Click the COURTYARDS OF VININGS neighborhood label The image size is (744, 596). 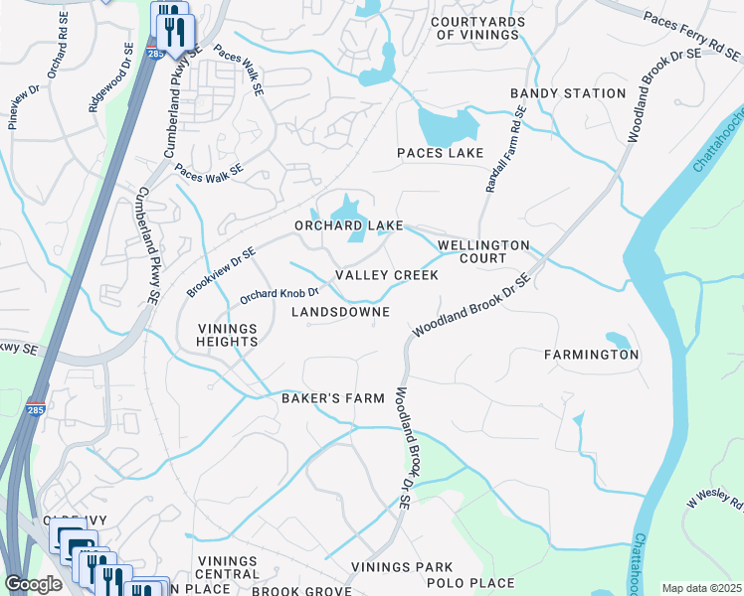tap(474, 28)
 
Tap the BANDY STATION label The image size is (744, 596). tap(568, 93)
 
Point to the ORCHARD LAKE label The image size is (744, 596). tap(348, 225)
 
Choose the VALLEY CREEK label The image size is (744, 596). tap(386, 275)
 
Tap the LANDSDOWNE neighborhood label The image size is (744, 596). tap(339, 312)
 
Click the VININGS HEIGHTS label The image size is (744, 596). tap(227, 335)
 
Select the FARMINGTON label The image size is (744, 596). tap(592, 355)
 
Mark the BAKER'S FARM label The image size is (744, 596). tap(332, 398)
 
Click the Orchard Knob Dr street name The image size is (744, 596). tap(279, 294)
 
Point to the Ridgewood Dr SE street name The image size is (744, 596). tap(110, 77)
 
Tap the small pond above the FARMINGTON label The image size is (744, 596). tap(617, 340)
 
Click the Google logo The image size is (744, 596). tap(33, 584)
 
